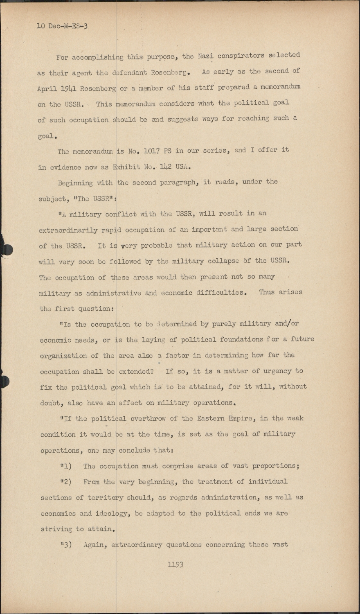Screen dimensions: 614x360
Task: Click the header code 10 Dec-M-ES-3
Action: pos(62,26)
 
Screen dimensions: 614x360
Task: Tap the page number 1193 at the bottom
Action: pos(175,564)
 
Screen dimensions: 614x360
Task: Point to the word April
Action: pos(47,88)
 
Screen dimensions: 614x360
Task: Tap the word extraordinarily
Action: pos(68,230)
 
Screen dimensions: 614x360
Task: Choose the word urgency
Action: pos(274,371)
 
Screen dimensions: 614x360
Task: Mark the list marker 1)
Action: pos(66,466)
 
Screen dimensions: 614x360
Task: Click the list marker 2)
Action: pos(66,482)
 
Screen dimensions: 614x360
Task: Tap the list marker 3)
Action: pos(66,545)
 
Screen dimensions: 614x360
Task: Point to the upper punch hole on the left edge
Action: pos(6,248)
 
